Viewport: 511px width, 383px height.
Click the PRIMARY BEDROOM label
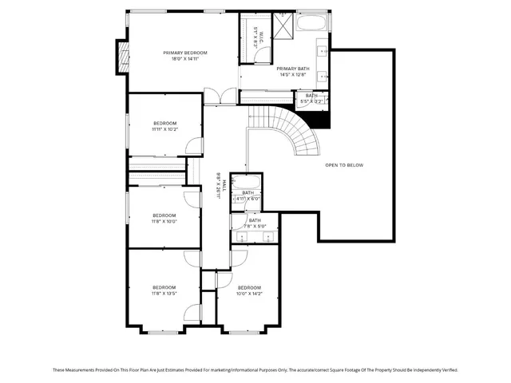coord(180,53)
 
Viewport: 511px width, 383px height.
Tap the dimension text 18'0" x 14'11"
coord(180,59)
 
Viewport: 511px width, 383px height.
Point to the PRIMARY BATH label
coord(292,69)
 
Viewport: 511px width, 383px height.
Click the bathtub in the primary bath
coord(311,23)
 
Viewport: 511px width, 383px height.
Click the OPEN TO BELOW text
coord(344,165)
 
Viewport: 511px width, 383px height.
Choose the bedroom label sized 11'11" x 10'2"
coord(164,123)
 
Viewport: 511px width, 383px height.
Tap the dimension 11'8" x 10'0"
coord(164,221)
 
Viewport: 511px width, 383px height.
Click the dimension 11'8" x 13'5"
coord(164,293)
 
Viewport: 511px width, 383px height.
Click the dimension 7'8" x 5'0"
coord(254,227)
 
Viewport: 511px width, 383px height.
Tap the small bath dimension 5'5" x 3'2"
coord(311,101)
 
